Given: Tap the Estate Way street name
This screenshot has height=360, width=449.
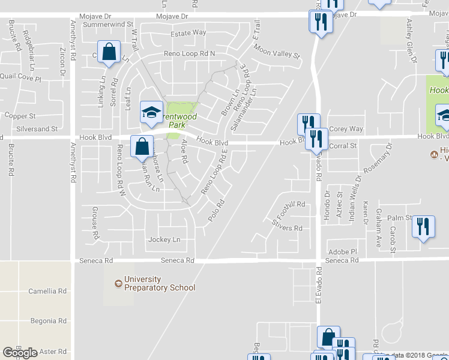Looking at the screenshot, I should coord(188,32).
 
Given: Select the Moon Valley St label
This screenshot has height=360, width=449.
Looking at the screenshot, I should coord(276,50).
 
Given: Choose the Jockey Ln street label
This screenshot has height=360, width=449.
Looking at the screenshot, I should coord(164,240).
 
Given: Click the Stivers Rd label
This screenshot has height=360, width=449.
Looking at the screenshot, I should coord(286,228).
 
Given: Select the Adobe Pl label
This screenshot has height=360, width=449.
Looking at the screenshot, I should coord(342,251).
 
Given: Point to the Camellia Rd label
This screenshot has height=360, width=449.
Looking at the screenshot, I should coord(47,291).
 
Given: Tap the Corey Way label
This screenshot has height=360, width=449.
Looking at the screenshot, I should coord(346,128).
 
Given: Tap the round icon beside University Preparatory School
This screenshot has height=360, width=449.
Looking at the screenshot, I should coord(118,280).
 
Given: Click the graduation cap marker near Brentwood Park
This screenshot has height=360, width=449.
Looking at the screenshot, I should coord(151,111).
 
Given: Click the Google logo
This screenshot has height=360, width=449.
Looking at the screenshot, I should coord(20,353).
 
